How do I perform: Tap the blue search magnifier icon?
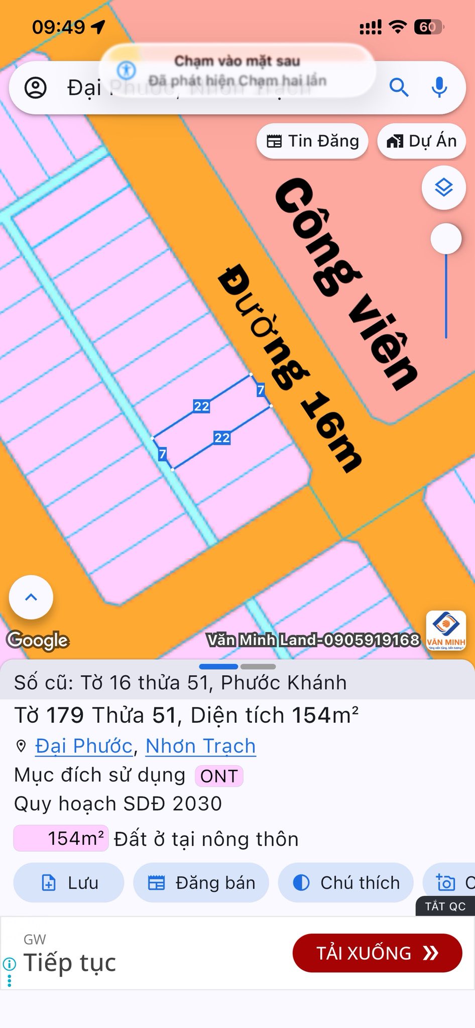tap(399, 87)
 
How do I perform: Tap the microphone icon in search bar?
tap(439, 87)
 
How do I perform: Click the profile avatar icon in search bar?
tap(36, 88)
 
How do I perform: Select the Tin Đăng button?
tap(312, 141)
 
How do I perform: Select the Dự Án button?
tap(422, 141)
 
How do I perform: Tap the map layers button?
tap(444, 188)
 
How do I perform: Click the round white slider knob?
tap(446, 239)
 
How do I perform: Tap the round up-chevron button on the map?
tap(31, 597)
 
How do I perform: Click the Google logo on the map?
tap(38, 640)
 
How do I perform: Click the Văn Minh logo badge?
tap(446, 630)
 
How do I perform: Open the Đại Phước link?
tap(84, 746)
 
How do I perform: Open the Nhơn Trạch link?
tap(200, 746)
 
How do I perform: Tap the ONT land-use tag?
tap(219, 776)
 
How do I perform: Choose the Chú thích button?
tap(346, 882)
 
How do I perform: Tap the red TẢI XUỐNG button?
tap(377, 953)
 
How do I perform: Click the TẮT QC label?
tap(445, 906)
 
